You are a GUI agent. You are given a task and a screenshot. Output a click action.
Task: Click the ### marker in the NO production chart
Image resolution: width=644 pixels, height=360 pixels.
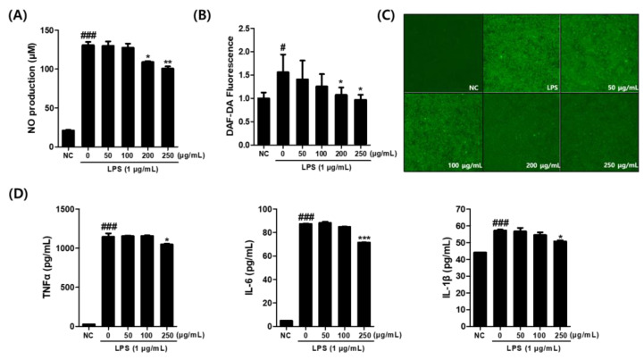88,36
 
